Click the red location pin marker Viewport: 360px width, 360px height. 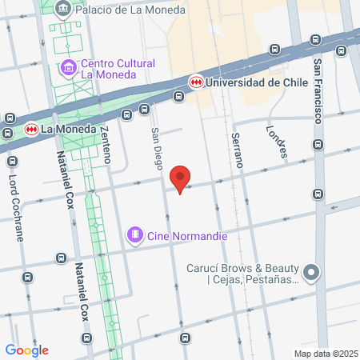pyautogui.click(x=182, y=179)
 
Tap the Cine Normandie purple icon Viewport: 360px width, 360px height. pyautogui.click(x=134, y=236)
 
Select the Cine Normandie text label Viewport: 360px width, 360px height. pyautogui.click(x=187, y=236)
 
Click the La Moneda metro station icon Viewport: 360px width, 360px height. pyautogui.click(x=31, y=128)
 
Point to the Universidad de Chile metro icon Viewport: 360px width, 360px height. pyautogui.click(x=196, y=82)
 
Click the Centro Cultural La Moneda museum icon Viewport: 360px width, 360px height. pyautogui.click(x=69, y=68)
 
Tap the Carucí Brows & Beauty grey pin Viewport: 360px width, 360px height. pyautogui.click(x=311, y=273)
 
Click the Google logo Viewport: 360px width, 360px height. pyautogui.click(x=26, y=350)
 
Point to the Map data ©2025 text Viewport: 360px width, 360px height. pyautogui.click(x=326, y=354)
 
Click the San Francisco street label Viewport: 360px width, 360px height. pyautogui.click(x=318, y=91)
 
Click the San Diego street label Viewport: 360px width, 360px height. pyautogui.click(x=157, y=148)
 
